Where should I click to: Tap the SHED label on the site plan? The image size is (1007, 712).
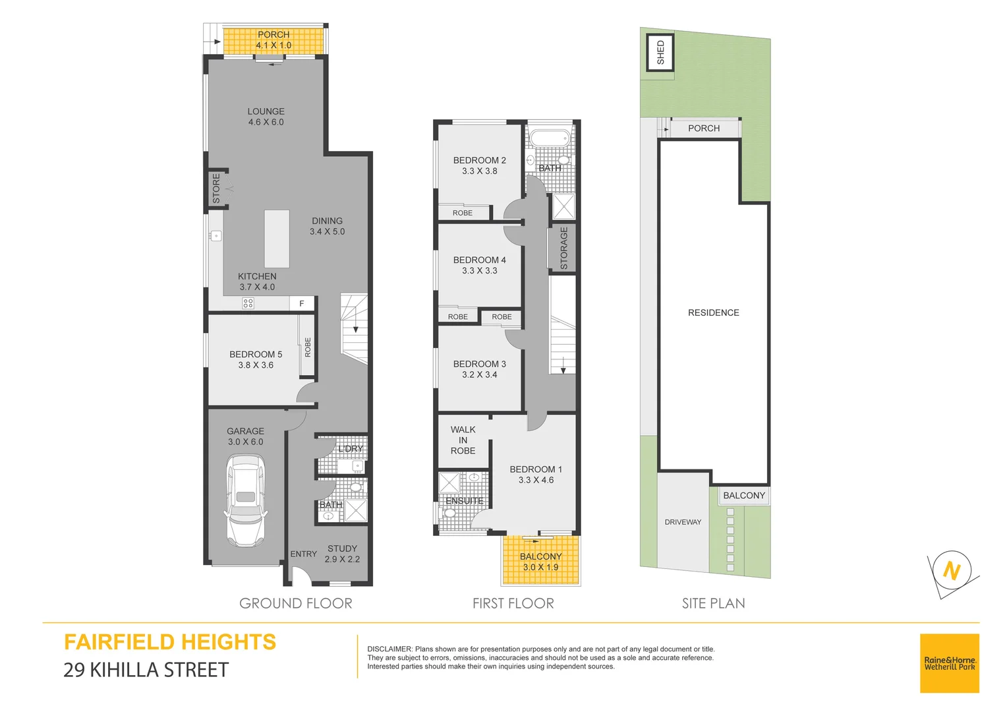[660, 53]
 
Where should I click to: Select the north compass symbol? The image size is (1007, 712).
[952, 570]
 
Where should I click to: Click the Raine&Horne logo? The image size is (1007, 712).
[949, 663]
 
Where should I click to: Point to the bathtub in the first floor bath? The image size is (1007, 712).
[550, 139]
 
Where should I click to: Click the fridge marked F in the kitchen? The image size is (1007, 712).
[302, 304]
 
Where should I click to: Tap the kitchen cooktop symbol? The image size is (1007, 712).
[248, 303]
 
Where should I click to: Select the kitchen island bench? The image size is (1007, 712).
[277, 239]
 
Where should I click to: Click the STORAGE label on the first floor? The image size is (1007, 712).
[563, 248]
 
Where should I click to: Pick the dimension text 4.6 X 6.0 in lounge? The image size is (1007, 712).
[266, 123]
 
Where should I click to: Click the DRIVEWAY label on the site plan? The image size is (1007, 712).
[683, 522]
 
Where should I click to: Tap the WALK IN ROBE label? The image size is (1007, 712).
[463, 440]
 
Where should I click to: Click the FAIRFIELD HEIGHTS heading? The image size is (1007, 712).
[170, 642]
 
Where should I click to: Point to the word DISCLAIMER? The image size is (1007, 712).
[389, 649]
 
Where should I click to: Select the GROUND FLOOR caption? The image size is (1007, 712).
[295, 603]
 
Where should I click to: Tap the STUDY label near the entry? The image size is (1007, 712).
[342, 549]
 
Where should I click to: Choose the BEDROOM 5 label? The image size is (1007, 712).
[256, 355]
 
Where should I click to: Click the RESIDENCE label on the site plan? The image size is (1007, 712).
[713, 312]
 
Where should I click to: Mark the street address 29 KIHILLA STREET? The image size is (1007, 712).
[146, 670]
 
